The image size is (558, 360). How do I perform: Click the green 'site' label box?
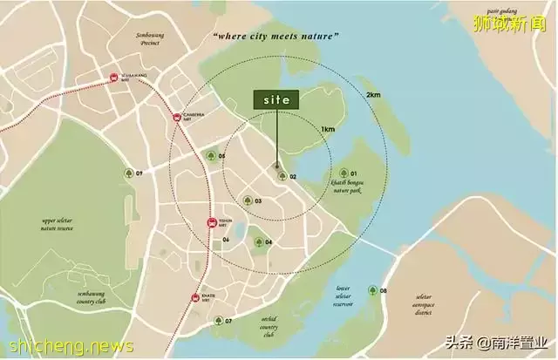276,100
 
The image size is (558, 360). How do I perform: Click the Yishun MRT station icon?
211,223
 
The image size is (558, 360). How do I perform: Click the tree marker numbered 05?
210,157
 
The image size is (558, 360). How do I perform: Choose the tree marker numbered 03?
247,200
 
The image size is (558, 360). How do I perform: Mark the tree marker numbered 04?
257,241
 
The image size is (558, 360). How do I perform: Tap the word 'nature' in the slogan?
316,36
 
